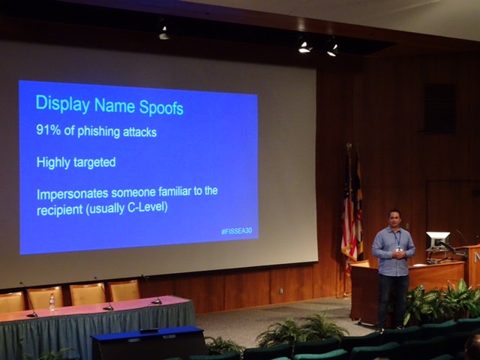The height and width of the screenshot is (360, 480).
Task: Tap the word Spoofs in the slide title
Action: click(x=158, y=107)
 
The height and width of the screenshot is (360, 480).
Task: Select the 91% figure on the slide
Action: click(x=48, y=130)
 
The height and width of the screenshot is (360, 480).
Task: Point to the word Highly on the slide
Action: click(x=54, y=162)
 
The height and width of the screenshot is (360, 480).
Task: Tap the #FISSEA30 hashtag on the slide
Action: click(x=238, y=231)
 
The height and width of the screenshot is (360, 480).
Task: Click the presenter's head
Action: click(x=394, y=219)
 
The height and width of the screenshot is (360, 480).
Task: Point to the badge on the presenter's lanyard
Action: click(x=398, y=248)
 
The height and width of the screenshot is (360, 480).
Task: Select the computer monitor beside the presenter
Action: click(x=437, y=240)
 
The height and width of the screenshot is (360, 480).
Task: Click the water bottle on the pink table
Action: click(x=52, y=302)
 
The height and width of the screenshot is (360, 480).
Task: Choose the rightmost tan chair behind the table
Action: click(x=124, y=290)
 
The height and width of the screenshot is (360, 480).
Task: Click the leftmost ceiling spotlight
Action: click(x=163, y=33)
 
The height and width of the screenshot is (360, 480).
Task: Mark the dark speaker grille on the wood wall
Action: click(x=439, y=108)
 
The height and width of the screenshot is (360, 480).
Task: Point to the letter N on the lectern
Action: click(x=476, y=256)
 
